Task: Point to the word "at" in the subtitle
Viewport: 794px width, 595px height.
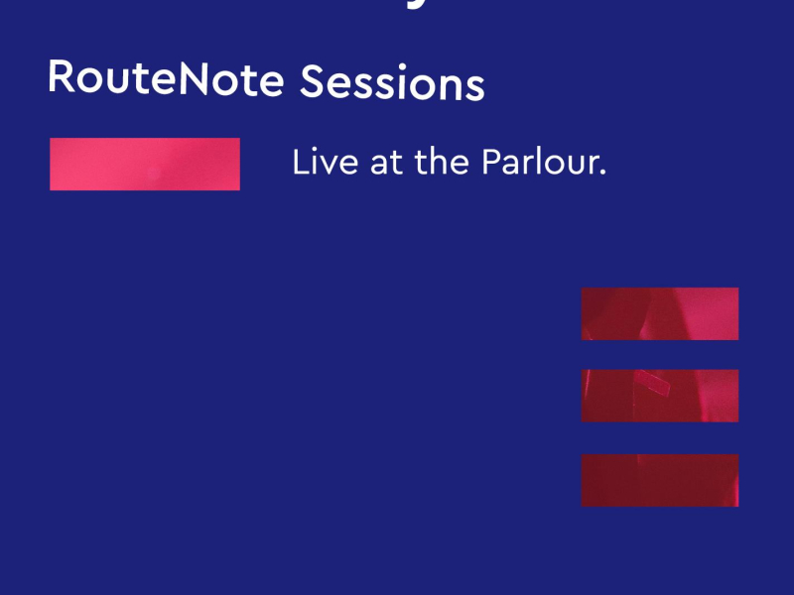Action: (x=386, y=164)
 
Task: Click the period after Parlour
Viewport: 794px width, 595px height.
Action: (x=602, y=174)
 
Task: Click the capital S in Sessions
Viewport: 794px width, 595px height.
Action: (x=312, y=82)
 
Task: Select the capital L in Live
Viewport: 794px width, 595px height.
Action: (x=299, y=163)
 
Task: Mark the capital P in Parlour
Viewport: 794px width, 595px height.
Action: (x=490, y=163)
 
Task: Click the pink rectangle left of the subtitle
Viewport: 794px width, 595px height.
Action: (x=145, y=164)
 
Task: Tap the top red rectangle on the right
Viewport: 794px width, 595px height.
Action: (x=660, y=313)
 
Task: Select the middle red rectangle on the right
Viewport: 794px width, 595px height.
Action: (x=660, y=396)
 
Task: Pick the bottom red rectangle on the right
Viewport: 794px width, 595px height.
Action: (x=660, y=480)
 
